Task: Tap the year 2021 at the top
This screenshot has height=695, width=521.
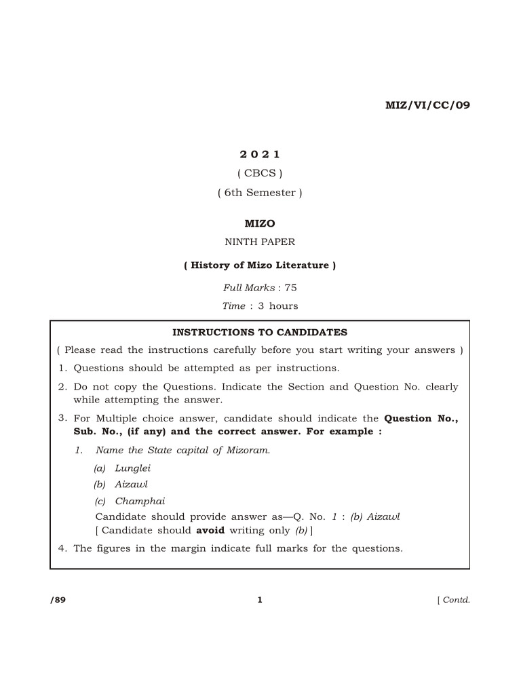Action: pyautogui.click(x=260, y=155)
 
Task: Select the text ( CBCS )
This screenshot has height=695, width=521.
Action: pyautogui.click(x=260, y=173)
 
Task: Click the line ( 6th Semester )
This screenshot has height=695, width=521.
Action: pyautogui.click(x=260, y=193)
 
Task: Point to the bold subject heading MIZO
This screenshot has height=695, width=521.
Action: pyautogui.click(x=260, y=223)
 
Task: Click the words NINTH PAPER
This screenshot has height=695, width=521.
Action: pyautogui.click(x=260, y=242)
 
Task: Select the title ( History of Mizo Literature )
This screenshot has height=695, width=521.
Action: pyautogui.click(x=260, y=265)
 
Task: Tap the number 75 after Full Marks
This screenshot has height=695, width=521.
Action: pyautogui.click(x=291, y=288)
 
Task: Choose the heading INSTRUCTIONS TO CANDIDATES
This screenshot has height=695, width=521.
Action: pyautogui.click(x=260, y=333)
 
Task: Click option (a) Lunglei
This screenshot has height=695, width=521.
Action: pyautogui.click(x=123, y=468)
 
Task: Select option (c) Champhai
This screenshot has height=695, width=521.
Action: pyautogui.click(x=130, y=502)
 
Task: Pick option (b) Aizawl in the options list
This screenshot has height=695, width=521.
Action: pyautogui.click(x=121, y=485)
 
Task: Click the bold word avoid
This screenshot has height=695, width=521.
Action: pyautogui.click(x=211, y=530)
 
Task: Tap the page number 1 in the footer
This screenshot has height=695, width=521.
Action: pyautogui.click(x=260, y=600)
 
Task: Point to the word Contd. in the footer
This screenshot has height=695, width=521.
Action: pyautogui.click(x=456, y=600)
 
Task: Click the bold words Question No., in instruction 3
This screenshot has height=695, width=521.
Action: pyautogui.click(x=421, y=419)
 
